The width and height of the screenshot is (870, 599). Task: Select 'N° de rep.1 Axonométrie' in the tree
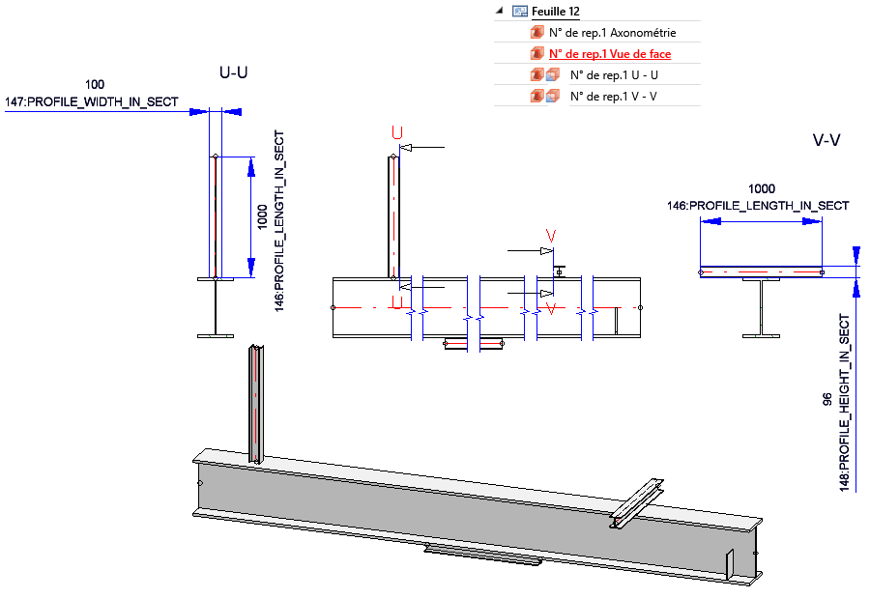click(x=612, y=33)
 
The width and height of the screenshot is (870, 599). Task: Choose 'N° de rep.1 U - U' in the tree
click(x=614, y=75)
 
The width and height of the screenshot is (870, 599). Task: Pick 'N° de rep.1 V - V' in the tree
click(x=614, y=96)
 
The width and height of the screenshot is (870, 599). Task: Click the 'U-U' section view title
click(x=234, y=72)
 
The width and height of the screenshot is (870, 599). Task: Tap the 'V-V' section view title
click(x=826, y=140)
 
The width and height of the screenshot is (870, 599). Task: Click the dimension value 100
click(x=95, y=85)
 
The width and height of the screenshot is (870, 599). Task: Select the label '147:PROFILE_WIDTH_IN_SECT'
click(x=92, y=100)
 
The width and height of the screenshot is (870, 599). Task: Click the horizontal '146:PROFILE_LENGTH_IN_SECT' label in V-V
click(x=758, y=206)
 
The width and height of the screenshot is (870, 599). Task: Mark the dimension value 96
click(x=827, y=398)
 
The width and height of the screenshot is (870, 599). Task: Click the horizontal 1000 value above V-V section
click(x=762, y=189)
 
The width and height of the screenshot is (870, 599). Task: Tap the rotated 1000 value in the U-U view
click(x=263, y=216)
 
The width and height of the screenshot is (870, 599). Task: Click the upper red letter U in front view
click(x=395, y=132)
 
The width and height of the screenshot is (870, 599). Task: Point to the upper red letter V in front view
click(x=551, y=235)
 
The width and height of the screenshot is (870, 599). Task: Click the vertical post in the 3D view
click(x=255, y=406)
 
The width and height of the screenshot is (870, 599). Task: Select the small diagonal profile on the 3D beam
click(x=634, y=505)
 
